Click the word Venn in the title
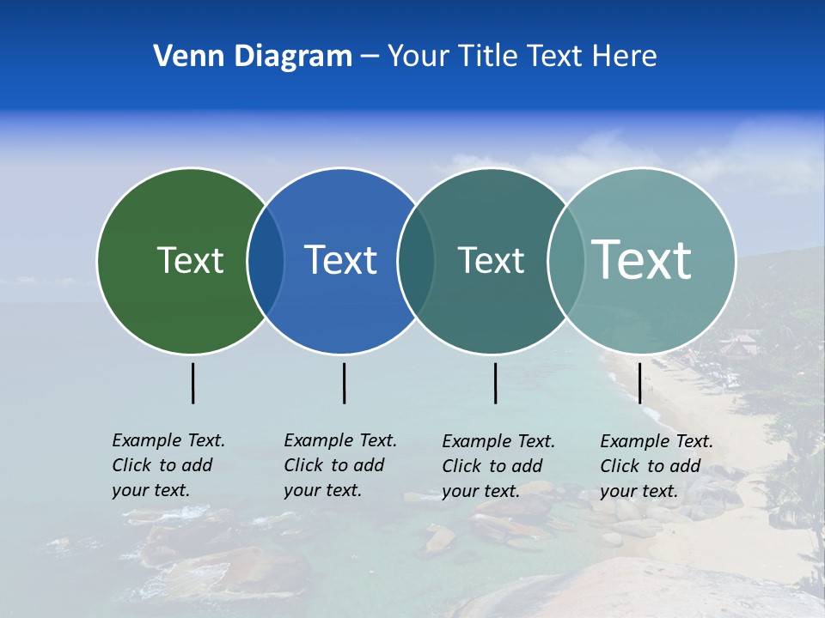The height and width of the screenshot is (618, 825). click(x=183, y=57)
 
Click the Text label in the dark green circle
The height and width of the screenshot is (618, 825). click(x=190, y=260)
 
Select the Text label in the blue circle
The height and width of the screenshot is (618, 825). click(x=341, y=260)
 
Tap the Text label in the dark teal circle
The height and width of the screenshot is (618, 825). click(x=491, y=260)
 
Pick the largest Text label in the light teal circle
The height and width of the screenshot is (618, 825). click(x=642, y=260)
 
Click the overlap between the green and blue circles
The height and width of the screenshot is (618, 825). click(x=266, y=261)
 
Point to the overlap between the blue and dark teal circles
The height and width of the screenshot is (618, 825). click(x=416, y=261)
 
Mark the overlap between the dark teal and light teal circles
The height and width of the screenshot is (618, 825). click(x=566, y=261)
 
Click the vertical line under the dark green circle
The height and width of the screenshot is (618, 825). click(x=192, y=383)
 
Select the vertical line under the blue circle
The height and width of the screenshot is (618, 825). click(x=344, y=383)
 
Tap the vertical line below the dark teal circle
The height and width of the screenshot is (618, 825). click(x=495, y=383)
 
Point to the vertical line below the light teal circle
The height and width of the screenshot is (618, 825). click(x=639, y=383)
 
